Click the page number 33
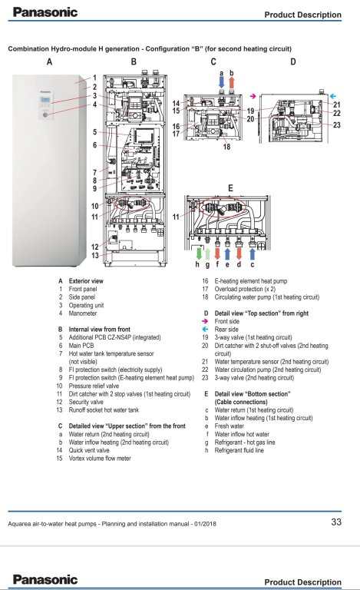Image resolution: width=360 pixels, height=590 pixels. click(x=336, y=522)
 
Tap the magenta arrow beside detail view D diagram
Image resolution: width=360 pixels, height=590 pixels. click(x=253, y=96)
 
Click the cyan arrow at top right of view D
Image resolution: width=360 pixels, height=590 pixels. click(x=332, y=96)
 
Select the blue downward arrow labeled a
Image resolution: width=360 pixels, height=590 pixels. click(x=221, y=82)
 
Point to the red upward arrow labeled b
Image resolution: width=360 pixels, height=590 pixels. click(x=232, y=82)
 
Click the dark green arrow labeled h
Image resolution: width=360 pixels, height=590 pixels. click(x=199, y=253)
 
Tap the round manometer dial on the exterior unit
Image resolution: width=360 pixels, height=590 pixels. click(x=45, y=114)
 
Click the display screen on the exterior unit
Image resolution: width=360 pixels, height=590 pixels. click(x=45, y=100)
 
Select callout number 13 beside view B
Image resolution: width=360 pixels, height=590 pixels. click(x=95, y=256)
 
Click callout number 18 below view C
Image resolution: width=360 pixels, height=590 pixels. click(x=226, y=147)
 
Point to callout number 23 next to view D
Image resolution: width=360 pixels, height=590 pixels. click(x=337, y=125)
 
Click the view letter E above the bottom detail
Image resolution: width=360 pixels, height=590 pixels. click(x=230, y=188)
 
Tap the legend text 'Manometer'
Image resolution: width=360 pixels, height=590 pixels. click(x=83, y=313)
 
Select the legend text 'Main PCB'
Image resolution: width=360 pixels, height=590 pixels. click(x=81, y=346)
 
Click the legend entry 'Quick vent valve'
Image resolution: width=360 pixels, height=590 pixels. click(x=89, y=450)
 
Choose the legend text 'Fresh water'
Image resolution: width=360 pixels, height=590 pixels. click(x=230, y=426)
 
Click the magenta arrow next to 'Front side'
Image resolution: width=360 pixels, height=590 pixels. click(x=205, y=321)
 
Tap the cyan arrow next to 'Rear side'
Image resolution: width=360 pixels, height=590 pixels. click(x=205, y=330)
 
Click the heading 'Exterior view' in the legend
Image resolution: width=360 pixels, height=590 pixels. click(x=86, y=280)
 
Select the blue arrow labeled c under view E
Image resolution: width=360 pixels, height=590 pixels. click(x=252, y=254)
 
